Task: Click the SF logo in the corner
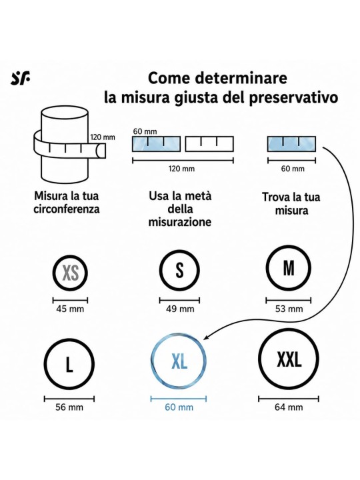pos(21,79)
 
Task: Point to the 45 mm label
pos(70,309)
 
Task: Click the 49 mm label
pos(180,309)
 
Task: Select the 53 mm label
pos(289,309)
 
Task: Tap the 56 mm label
pos(69,407)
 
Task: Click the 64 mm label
pos(289,407)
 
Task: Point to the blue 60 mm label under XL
pos(179,407)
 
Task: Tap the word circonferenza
pos(67,209)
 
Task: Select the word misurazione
pos(180,222)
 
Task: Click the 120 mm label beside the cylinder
pos(103,137)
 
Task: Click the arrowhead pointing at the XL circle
pos(207,337)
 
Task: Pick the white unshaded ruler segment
pos(209,144)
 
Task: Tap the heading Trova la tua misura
pos(291,203)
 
